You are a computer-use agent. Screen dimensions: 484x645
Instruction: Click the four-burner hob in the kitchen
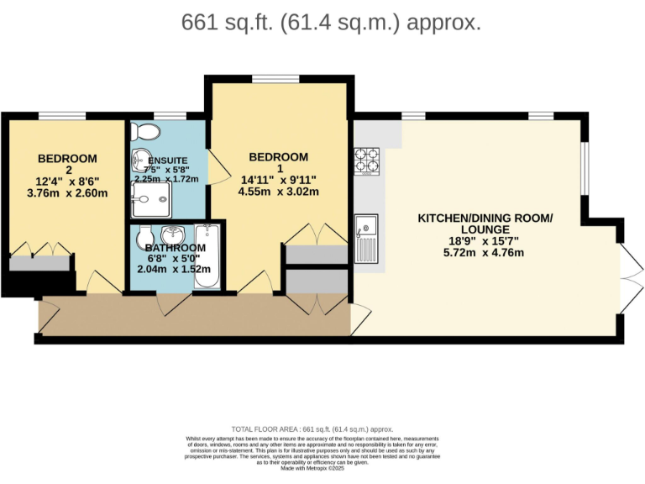click(x=368, y=161)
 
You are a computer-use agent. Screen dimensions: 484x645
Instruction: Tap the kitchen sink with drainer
click(x=366, y=239)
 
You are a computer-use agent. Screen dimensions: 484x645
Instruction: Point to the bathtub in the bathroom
click(x=207, y=255)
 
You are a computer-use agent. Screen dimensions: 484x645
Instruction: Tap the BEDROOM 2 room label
click(x=67, y=164)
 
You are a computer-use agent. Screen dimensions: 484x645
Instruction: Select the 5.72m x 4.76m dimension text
click(x=485, y=252)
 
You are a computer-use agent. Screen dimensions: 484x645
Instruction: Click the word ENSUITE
click(x=167, y=161)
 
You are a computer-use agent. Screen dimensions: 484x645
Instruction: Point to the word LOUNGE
click(x=485, y=229)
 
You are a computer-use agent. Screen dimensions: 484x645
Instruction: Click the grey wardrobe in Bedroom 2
click(x=39, y=263)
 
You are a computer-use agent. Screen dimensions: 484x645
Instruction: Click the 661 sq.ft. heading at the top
click(x=331, y=23)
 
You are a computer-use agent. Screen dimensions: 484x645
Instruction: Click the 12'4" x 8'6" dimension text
click(x=67, y=181)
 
